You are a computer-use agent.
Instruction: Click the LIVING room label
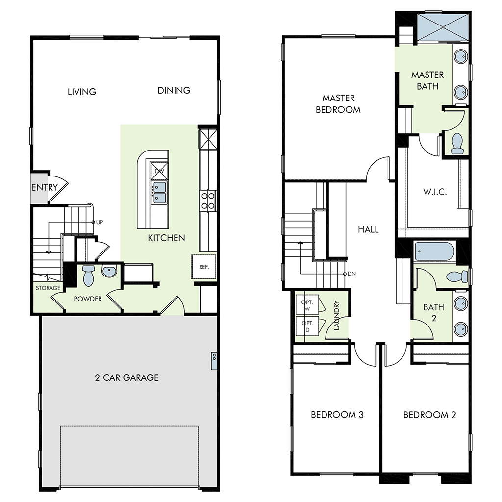(82, 92)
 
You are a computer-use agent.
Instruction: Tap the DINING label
(174, 90)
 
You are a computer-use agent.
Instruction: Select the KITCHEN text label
(167, 238)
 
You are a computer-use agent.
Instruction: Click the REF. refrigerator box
(204, 267)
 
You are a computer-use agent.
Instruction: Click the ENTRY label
(45, 187)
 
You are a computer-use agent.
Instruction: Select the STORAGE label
(48, 288)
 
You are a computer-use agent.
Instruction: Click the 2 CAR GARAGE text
(127, 377)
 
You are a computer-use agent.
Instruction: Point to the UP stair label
(100, 222)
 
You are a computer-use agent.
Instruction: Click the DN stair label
(351, 274)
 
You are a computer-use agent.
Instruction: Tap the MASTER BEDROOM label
(338, 104)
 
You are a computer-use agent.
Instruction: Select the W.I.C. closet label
(434, 191)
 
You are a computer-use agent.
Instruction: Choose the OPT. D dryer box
(307, 326)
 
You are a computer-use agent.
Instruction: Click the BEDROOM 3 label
(337, 415)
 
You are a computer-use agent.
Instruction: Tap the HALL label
(368, 229)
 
